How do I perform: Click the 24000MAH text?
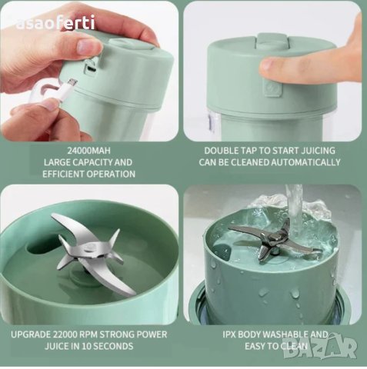point(89,151)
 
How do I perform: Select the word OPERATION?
point(111,174)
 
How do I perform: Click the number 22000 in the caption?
point(68,334)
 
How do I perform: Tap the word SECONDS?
point(113,346)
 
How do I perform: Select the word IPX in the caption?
point(229,334)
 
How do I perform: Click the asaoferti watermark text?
point(55,23)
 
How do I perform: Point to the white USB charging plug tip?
point(73,81)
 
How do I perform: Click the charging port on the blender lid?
point(92,68)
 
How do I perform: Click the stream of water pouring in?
point(295,208)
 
